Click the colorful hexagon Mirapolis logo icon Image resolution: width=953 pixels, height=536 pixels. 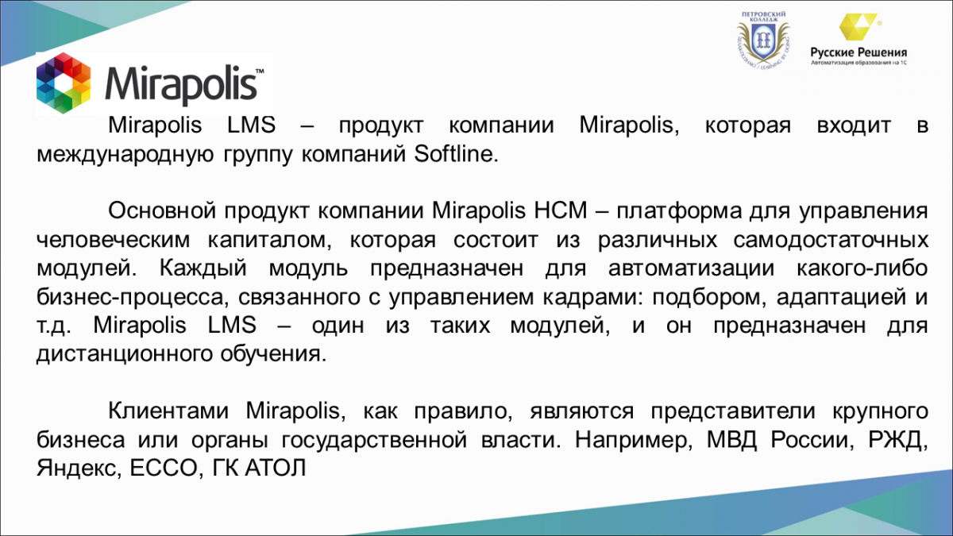pos(64,83)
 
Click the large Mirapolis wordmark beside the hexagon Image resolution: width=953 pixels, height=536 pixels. pos(184,85)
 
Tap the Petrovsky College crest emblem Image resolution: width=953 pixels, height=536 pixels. pos(763,41)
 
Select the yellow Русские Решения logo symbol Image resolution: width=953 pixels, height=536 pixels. pos(858,26)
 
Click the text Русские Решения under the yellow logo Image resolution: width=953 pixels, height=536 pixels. pos(858,52)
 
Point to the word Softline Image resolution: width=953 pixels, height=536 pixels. pos(456,153)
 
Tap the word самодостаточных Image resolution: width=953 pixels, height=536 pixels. pos(831,240)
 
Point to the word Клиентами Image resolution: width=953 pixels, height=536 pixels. pos(168,411)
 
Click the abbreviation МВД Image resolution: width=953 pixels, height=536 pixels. pos(731,440)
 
